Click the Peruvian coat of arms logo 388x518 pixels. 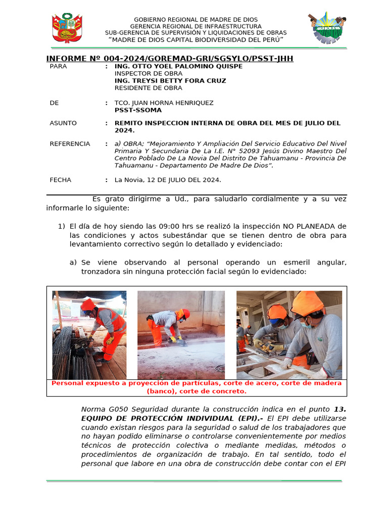66,28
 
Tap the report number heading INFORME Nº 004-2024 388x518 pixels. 170,59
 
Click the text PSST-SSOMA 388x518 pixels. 138,110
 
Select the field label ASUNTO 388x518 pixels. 63,123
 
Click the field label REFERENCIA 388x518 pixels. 70,144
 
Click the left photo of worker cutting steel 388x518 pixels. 89,334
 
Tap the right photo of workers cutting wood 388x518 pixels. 289,334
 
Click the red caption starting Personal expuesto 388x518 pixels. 197,387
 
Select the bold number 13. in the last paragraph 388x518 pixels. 341,409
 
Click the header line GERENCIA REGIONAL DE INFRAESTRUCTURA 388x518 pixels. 196,26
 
